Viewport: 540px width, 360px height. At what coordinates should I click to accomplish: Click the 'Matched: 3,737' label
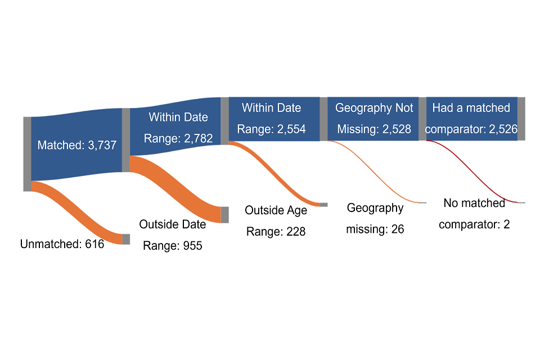pyautogui.click(x=76, y=145)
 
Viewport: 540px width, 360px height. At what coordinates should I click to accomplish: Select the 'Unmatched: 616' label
pyautogui.click(x=62, y=244)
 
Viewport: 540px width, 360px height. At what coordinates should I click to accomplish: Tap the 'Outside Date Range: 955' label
pyautogui.click(x=173, y=235)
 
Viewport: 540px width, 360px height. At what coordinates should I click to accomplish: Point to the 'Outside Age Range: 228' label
pyautogui.click(x=276, y=220)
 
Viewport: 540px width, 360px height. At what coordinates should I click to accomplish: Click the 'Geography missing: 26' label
pyautogui.click(x=375, y=218)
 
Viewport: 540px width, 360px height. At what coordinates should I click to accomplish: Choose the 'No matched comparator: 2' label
pyautogui.click(x=474, y=214)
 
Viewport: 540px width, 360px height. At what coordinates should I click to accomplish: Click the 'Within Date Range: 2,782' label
pyautogui.click(x=178, y=128)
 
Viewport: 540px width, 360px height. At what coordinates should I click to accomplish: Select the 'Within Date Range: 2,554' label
pyautogui.click(x=271, y=118)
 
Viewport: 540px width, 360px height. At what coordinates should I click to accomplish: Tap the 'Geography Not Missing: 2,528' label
pyautogui.click(x=374, y=118)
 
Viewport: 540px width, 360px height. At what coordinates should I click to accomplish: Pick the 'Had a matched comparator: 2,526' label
pyautogui.click(x=471, y=118)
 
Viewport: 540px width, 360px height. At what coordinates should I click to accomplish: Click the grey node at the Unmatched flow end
pyautogui.click(x=126, y=239)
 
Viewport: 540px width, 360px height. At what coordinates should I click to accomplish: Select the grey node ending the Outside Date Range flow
pyautogui.click(x=225, y=215)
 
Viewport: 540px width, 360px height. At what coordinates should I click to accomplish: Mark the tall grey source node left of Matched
pyautogui.click(x=27, y=154)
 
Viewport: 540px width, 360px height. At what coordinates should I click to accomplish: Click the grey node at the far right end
pyautogui.click(x=521, y=119)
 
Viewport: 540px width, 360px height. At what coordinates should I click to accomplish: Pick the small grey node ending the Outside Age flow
pyautogui.click(x=323, y=204)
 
